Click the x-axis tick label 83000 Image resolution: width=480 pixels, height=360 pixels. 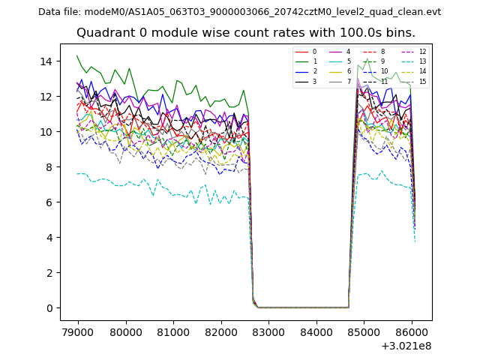pyautogui.click(x=268, y=331)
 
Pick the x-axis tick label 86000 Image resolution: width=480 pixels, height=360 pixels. pyautogui.click(x=411, y=331)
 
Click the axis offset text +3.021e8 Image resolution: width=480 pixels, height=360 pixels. pyautogui.click(x=405, y=346)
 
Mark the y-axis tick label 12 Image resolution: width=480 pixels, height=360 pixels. pyautogui.click(x=49, y=96)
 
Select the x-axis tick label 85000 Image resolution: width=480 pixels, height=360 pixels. pyautogui.click(x=364, y=331)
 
